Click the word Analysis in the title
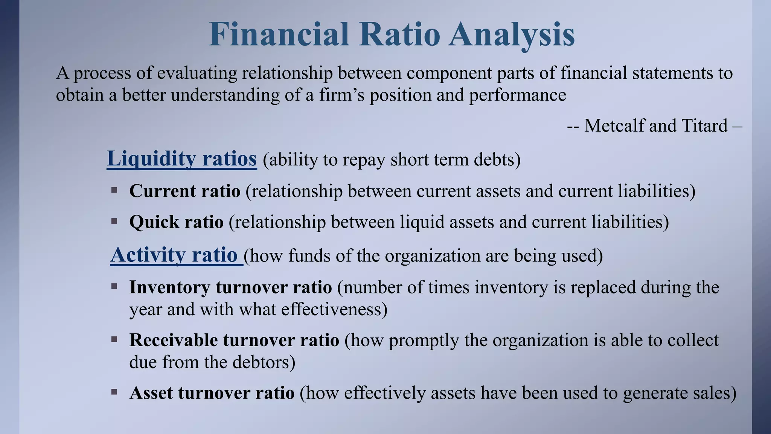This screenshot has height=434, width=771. [x=511, y=35]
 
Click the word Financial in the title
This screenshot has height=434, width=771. [x=279, y=35]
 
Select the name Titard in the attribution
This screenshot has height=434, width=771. [x=704, y=125]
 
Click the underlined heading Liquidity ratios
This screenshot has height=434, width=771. [x=182, y=159]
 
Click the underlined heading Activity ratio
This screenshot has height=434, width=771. [x=174, y=255]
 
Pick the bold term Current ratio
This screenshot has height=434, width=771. [x=184, y=191]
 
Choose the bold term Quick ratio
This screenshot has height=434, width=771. [x=176, y=222]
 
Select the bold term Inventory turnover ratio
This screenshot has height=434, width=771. [x=230, y=287]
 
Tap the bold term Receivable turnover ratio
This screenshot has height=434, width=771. [x=234, y=340]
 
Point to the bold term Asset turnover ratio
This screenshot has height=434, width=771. [x=212, y=393]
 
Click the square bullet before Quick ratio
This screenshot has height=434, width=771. [x=114, y=221]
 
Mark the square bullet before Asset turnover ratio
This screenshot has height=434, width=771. [x=114, y=392]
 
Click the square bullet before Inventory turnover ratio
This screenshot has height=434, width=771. [x=114, y=287]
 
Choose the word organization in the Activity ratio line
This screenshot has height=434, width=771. [x=432, y=256]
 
